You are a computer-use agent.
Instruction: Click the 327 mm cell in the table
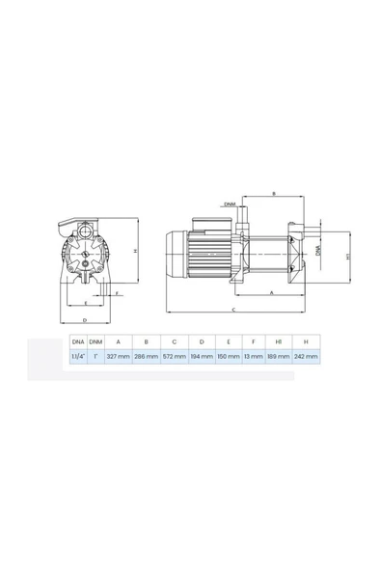point(118,356)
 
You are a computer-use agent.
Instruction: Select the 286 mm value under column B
point(146,356)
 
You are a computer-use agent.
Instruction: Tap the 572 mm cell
point(174,356)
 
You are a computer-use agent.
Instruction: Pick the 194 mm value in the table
point(201,356)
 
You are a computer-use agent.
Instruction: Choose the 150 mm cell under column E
point(228,356)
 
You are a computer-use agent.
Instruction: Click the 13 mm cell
point(253,356)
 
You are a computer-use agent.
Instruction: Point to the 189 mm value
point(278,356)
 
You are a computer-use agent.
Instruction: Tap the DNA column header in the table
point(76,341)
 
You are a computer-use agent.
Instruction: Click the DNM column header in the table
point(95,341)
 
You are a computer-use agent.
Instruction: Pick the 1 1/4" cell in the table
point(76,356)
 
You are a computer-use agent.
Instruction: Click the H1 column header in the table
point(278,341)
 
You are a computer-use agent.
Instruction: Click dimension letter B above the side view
point(274,195)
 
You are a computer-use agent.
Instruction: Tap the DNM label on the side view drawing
point(229,204)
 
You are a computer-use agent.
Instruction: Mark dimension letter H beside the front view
point(135,253)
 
